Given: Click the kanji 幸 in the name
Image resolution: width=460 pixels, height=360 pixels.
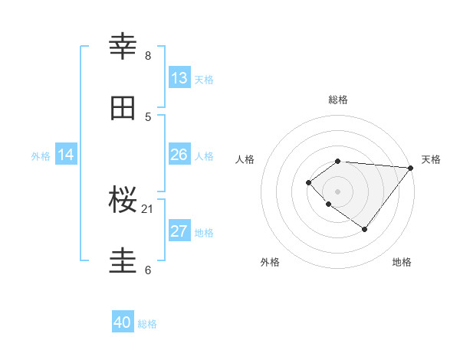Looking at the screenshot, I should tap(123, 47).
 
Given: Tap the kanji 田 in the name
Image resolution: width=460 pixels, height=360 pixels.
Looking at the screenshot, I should tap(123, 108).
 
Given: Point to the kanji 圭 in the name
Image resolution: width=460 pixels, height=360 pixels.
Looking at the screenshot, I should tap(123, 261).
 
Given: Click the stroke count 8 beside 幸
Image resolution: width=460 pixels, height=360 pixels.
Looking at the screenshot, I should tap(148, 56).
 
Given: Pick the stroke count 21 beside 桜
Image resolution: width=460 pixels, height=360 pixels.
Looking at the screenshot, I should tap(148, 209).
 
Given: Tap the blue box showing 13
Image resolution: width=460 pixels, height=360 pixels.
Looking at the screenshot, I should tap(179, 78).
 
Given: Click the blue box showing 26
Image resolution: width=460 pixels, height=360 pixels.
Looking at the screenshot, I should tap(179, 155).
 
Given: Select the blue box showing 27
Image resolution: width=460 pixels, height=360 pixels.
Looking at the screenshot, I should tap(179, 231).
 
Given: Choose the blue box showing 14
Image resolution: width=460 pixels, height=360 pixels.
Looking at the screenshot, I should tap(66, 155).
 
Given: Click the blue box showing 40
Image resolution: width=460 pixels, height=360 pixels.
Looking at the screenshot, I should tap(123, 322).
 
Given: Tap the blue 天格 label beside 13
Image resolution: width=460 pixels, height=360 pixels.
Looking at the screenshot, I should tap(204, 79).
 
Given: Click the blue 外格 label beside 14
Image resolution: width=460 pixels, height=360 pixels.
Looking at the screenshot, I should tap(41, 155).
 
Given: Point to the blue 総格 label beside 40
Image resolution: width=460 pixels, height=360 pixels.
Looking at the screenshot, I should tap(147, 323).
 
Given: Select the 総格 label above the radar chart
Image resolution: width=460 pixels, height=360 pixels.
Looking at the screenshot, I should tap(338, 100).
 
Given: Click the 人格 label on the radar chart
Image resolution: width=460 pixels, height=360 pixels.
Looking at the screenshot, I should tap(245, 159).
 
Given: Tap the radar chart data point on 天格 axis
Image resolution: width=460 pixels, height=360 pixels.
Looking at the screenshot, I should tap(411, 168).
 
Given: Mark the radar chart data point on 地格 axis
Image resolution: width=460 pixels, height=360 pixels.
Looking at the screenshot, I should tap(365, 229).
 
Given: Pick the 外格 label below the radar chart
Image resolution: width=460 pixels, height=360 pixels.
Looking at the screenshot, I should tap(270, 262).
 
